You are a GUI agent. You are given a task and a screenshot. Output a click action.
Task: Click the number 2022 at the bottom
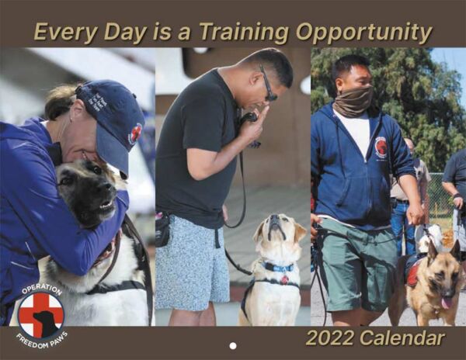(x=330, y=338)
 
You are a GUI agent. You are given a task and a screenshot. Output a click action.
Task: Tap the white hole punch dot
(x=233, y=346)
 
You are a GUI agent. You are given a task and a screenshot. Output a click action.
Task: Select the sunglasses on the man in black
(x=268, y=85)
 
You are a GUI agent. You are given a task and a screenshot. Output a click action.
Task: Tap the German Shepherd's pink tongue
(x=446, y=303)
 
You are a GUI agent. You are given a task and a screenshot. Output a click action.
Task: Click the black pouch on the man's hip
(x=163, y=230)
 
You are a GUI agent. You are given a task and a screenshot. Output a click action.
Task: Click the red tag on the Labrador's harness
(x=285, y=279)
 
